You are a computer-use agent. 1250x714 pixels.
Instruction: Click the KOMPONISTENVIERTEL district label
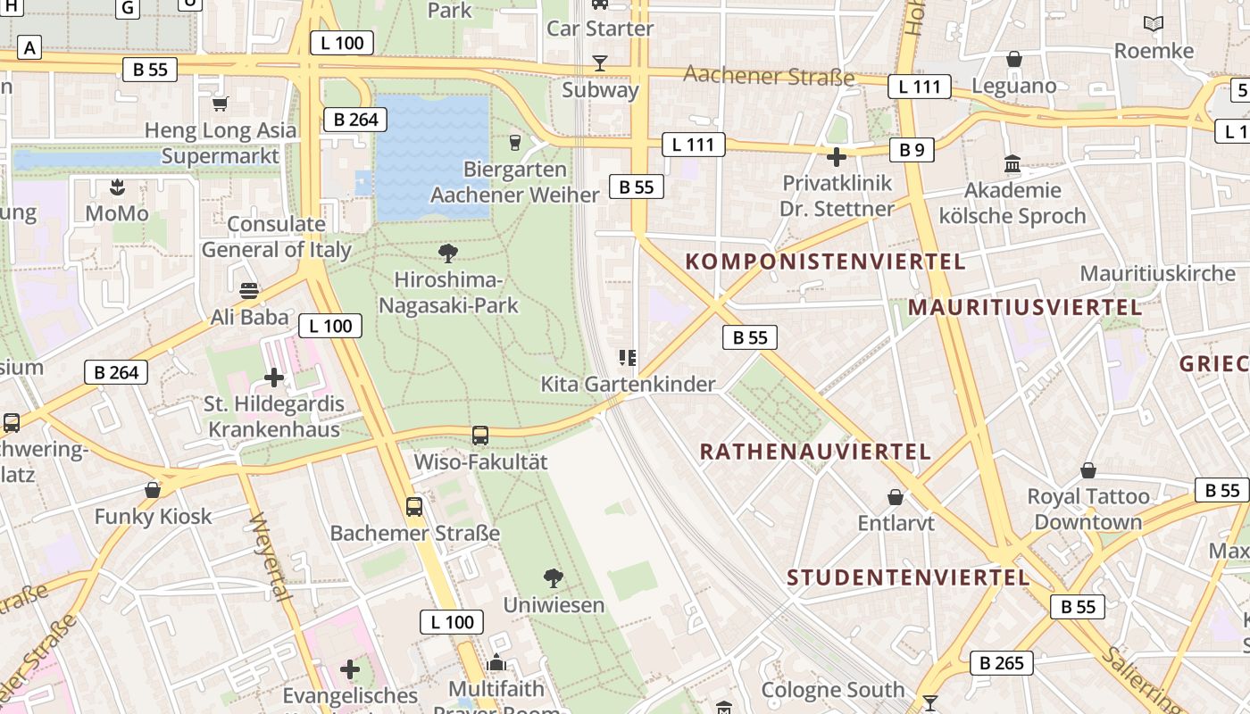tap(825, 262)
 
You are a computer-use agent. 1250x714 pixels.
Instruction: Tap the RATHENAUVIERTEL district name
tap(815, 452)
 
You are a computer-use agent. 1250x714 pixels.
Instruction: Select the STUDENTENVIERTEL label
tap(908, 577)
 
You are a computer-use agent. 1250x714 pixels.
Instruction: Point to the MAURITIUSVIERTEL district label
tap(1024, 308)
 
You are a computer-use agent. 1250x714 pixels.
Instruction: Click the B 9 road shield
tap(912, 150)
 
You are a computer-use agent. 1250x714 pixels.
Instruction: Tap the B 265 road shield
tap(1002, 663)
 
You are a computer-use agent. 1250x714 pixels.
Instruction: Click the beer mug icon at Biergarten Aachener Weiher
tap(514, 142)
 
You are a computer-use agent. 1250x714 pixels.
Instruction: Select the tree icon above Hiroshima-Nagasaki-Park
tap(448, 253)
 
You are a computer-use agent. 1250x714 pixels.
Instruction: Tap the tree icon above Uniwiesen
tap(554, 578)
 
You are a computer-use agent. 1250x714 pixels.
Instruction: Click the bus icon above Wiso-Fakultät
tap(480, 436)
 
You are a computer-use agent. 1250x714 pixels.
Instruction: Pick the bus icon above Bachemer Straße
tap(414, 507)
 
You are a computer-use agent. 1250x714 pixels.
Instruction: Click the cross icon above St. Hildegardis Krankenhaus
tap(274, 378)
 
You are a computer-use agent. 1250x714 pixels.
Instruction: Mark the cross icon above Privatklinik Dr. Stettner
tap(837, 157)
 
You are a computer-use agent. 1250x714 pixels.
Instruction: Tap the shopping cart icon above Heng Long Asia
tap(221, 104)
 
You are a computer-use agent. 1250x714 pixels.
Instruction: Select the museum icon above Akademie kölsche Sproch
tap(1012, 164)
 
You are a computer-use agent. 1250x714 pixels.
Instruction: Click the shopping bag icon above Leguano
tap(1013, 60)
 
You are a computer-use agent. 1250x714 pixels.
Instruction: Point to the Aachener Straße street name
tap(769, 76)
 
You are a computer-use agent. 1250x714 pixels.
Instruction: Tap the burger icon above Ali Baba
tap(249, 291)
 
